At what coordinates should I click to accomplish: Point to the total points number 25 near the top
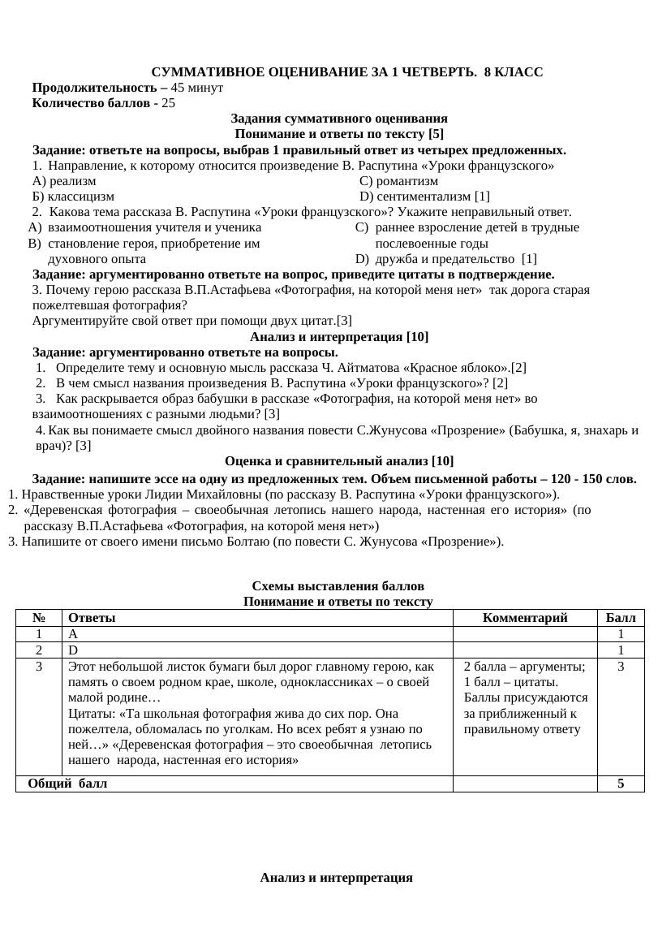pyautogui.click(x=168, y=103)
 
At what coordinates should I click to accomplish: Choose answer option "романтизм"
pyautogui.click(x=407, y=181)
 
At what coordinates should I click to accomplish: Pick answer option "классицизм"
pyautogui.click(x=80, y=196)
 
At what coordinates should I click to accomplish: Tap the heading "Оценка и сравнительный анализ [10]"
pyautogui.click(x=338, y=461)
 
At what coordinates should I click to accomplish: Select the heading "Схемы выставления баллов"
pyautogui.click(x=338, y=586)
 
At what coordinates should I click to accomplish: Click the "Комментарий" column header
pyautogui.click(x=525, y=618)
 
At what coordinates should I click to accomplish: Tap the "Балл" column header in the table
pyautogui.click(x=621, y=618)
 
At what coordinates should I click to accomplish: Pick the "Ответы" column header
pyautogui.click(x=92, y=618)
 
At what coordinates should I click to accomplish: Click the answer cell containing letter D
pyautogui.click(x=73, y=650)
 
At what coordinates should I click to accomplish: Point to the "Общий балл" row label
pyautogui.click(x=67, y=784)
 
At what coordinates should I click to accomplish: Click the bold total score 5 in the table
pyautogui.click(x=621, y=784)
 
